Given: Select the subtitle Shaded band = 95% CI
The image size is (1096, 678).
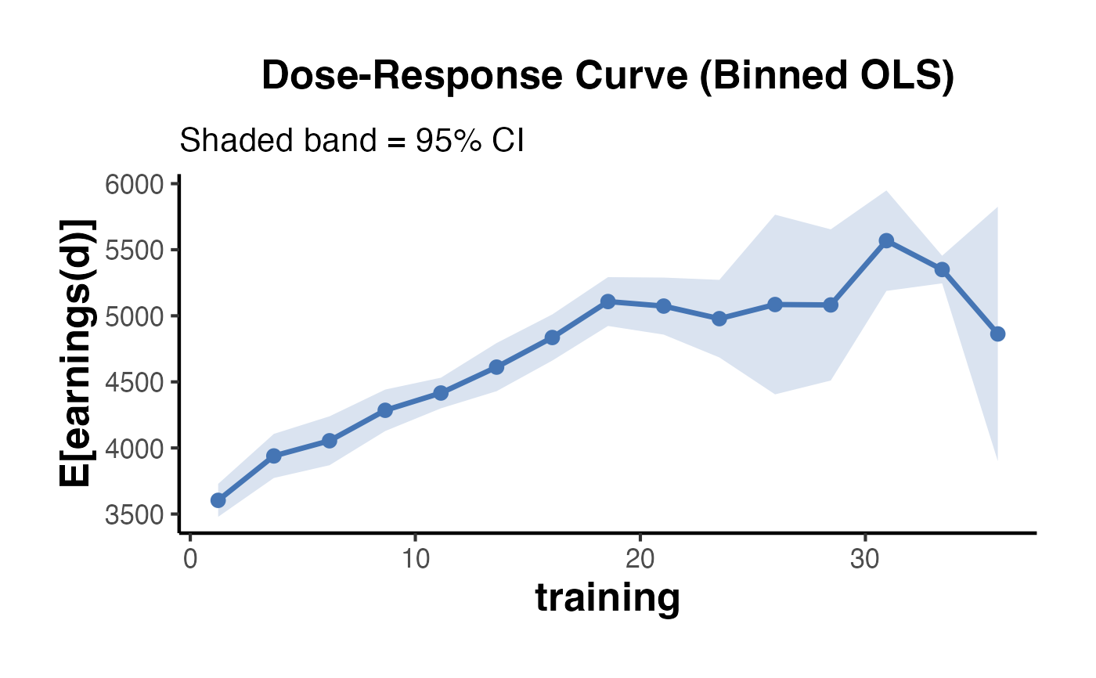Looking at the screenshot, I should [352, 141].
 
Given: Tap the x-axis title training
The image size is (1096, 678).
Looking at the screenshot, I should [607, 598].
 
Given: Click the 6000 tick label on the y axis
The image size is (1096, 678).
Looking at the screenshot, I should [134, 185].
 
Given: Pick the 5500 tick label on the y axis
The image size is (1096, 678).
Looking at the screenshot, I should [134, 251].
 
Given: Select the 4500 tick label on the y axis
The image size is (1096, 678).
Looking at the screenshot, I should [134, 383].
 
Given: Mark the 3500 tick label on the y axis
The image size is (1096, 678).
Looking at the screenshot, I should [134, 514].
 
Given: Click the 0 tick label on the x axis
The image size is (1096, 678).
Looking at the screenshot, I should [189, 561].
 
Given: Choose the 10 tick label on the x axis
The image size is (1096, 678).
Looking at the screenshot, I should [415, 561].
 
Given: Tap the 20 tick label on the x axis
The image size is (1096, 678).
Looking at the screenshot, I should [640, 561].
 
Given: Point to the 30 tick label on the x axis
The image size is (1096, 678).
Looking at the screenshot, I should [864, 561].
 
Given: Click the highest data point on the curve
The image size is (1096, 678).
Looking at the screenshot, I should [886, 240].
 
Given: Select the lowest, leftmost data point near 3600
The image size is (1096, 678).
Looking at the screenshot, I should [218, 500].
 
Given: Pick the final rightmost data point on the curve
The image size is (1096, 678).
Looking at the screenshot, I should [997, 334].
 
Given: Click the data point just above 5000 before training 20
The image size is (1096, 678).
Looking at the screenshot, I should [607, 301].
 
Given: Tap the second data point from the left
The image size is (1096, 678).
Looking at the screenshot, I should [274, 456].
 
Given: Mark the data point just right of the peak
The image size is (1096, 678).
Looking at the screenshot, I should [942, 269].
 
